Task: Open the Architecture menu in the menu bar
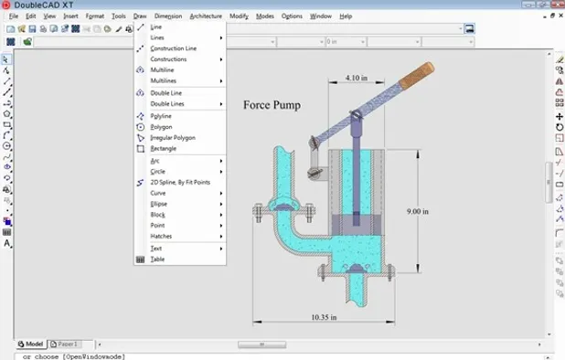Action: pyautogui.click(x=206, y=16)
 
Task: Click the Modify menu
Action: pyautogui.click(x=239, y=16)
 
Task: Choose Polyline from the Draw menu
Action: pyautogui.click(x=161, y=116)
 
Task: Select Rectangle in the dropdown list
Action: pyautogui.click(x=163, y=148)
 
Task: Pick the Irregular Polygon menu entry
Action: pyautogui.click(x=172, y=137)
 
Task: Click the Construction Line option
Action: pyautogui.click(x=173, y=48)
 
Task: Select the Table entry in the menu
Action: pyautogui.click(x=157, y=259)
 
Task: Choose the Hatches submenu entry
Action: pyautogui.click(x=161, y=236)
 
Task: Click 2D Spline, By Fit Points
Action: pyautogui.click(x=180, y=182)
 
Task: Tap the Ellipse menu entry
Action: pyautogui.click(x=158, y=204)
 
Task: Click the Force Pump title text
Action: pyautogui.click(x=272, y=104)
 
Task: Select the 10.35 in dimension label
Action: pyautogui.click(x=324, y=317)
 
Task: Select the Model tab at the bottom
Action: pyautogui.click(x=34, y=344)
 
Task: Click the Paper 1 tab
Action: pyautogui.click(x=66, y=344)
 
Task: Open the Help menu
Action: pyautogui.click(x=345, y=16)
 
